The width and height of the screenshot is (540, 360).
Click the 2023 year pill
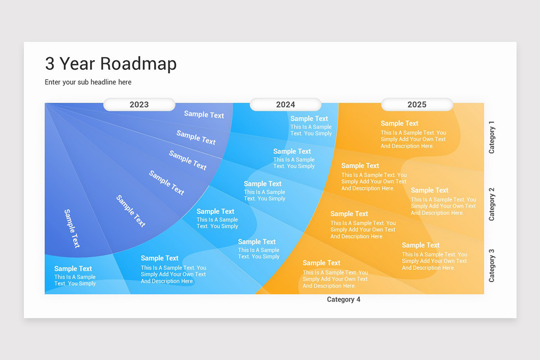(139, 104)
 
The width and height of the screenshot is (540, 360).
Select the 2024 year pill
(285, 104)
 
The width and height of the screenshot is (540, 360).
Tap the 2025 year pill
(417, 104)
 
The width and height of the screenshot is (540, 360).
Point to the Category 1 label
(492, 137)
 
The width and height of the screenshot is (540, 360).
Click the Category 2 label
(492, 204)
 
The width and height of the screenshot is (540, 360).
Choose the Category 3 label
(492, 265)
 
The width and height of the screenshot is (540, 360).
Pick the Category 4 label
(343, 300)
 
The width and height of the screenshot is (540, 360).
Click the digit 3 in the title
(49, 64)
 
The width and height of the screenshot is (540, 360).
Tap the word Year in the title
(77, 64)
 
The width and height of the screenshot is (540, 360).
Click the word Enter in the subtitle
(54, 82)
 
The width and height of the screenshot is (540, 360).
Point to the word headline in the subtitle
(103, 82)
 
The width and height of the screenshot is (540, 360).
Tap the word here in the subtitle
(125, 82)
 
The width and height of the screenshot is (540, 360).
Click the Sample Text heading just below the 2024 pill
(309, 119)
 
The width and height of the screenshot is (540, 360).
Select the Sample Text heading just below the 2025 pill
(399, 123)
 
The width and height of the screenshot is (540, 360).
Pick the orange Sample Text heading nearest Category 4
(321, 263)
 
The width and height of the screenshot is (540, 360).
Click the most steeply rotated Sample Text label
(72, 228)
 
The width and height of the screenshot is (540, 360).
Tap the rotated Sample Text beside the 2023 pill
(204, 114)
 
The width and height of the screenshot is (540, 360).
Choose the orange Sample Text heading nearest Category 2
(429, 190)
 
